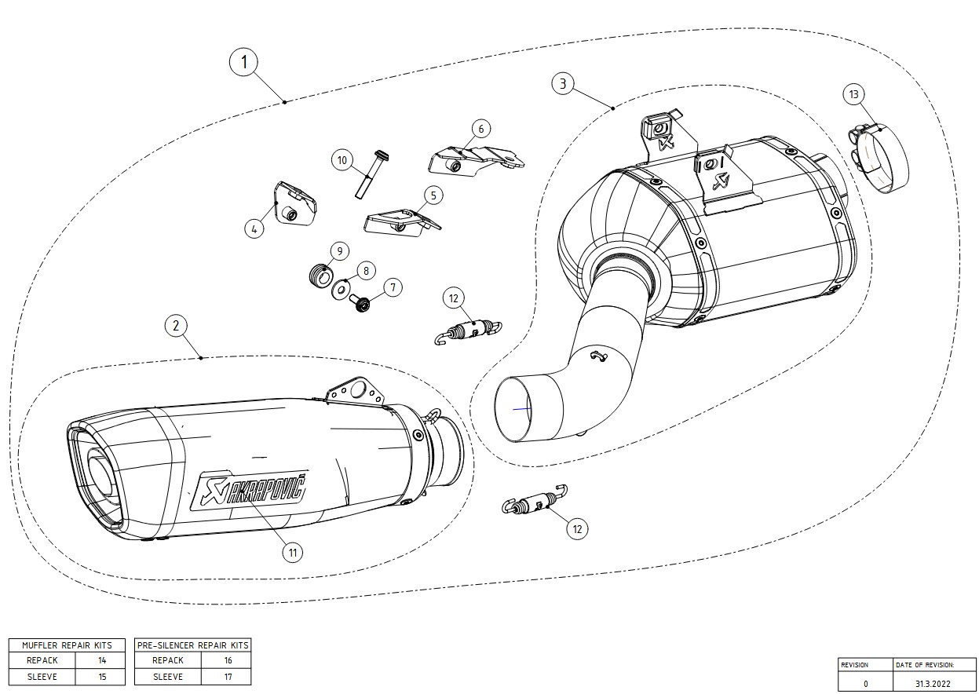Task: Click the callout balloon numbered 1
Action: (x=244, y=62)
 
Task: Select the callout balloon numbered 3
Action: (x=562, y=84)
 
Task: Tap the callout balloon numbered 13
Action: (x=854, y=94)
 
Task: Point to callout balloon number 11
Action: (x=292, y=553)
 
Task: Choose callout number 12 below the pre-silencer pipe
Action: (x=578, y=528)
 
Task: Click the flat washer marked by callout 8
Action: (x=343, y=289)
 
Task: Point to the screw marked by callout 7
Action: (x=362, y=303)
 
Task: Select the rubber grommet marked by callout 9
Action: (x=319, y=276)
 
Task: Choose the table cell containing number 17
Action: (x=228, y=676)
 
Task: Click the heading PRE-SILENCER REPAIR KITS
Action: (x=193, y=645)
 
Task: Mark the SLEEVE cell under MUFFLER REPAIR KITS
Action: (x=42, y=676)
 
